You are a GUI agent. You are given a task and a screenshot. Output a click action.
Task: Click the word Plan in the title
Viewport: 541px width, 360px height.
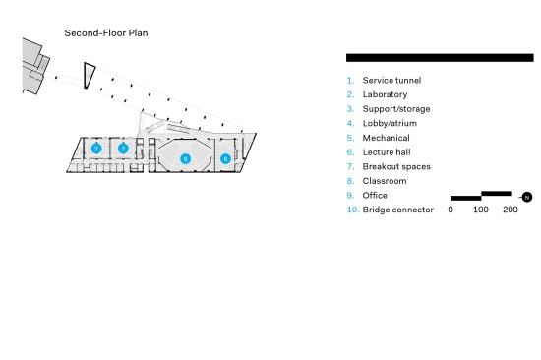click(x=139, y=33)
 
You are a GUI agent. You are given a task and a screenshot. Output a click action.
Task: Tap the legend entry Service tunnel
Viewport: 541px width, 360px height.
click(x=391, y=80)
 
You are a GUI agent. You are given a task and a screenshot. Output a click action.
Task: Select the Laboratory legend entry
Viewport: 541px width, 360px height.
click(x=385, y=94)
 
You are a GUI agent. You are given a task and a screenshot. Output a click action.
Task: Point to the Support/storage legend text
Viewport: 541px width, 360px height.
click(x=396, y=109)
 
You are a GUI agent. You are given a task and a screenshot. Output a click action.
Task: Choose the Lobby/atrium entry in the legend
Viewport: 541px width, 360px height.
click(x=390, y=123)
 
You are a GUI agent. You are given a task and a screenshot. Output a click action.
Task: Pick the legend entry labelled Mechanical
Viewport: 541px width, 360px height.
click(x=387, y=138)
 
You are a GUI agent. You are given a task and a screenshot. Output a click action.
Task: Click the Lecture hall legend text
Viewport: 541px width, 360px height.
click(x=387, y=152)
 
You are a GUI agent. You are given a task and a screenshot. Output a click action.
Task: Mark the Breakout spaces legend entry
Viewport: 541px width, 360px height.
click(x=396, y=166)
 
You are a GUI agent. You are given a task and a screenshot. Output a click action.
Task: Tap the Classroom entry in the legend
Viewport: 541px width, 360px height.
click(x=385, y=181)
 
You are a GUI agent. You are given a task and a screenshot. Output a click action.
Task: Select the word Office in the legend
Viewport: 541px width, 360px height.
click(x=375, y=196)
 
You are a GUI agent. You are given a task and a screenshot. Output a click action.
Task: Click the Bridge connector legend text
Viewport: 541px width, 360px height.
click(x=398, y=210)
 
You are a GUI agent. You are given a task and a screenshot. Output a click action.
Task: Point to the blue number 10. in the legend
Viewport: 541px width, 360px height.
click(x=353, y=210)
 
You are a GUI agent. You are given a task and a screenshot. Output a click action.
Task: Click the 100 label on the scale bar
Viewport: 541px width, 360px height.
click(x=481, y=210)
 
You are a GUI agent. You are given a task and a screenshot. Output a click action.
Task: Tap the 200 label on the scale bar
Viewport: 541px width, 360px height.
click(x=511, y=210)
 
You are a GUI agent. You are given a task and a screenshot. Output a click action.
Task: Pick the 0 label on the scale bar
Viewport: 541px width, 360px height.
click(x=451, y=210)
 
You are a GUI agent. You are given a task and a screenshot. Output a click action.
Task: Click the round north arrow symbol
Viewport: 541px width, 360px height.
click(x=527, y=197)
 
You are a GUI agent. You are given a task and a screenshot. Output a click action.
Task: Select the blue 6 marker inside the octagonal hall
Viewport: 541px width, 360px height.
click(x=186, y=158)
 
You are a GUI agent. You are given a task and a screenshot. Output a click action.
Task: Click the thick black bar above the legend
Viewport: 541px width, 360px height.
click(x=440, y=58)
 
